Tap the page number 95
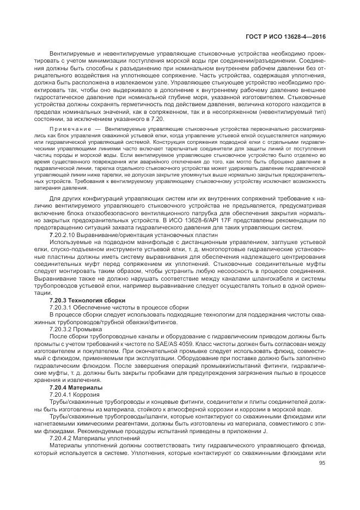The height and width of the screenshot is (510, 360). coord(322,463)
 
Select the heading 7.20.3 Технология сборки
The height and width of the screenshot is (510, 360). coord(87,300)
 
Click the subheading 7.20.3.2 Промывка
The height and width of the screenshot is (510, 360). coord(75,329)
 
